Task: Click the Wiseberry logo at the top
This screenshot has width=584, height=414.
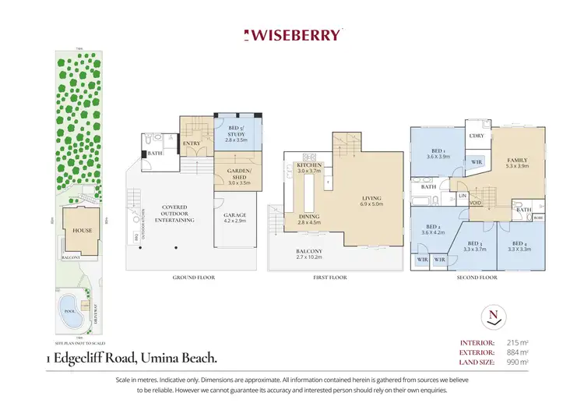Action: (292, 34)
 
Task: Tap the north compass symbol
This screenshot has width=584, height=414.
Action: (493, 316)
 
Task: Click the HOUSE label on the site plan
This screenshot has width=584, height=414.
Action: (82, 231)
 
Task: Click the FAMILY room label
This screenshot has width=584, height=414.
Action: (517, 159)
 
